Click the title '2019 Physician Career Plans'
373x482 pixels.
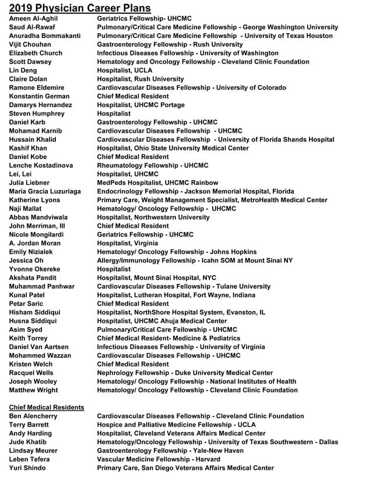80,8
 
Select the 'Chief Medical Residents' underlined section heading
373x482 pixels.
47,407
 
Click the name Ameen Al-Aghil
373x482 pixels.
33,19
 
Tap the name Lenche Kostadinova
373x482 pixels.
41,166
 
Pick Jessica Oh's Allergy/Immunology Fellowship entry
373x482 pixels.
195,261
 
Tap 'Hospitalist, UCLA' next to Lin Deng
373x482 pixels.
124,71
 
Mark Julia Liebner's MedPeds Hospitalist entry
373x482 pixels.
157,182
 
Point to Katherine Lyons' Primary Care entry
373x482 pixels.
212,200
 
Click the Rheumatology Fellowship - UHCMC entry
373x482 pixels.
152,166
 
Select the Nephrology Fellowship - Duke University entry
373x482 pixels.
184,372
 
